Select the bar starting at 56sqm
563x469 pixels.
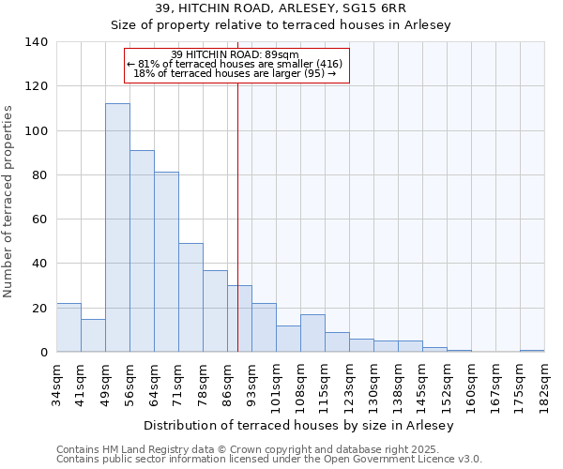click(x=142, y=251)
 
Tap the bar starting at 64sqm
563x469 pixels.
click(x=166, y=262)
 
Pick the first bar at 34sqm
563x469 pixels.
click(x=68, y=327)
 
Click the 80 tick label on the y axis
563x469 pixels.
click(x=39, y=175)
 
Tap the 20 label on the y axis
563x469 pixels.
click(x=39, y=308)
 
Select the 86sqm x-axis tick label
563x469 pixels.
click(x=227, y=380)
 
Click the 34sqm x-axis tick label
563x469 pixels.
click(x=56, y=380)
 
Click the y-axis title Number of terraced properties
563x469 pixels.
click(x=8, y=202)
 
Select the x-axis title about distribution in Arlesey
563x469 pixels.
click(x=299, y=425)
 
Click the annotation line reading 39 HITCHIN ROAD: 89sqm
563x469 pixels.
click(x=236, y=54)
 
